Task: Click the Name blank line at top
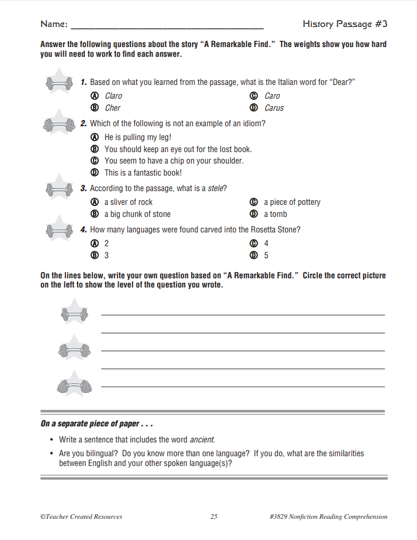pos(166,26)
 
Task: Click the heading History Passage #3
pos(345,24)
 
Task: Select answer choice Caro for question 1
pos(272,96)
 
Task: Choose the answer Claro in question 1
pos(113,96)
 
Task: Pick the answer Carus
pos(274,108)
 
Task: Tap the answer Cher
pos(112,108)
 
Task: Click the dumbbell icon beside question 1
pos(59,83)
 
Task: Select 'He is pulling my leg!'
pos(138,137)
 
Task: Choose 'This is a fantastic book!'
pos(143,173)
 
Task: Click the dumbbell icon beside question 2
pos(59,123)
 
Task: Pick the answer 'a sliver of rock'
pos(128,202)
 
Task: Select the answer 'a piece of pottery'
pos(291,202)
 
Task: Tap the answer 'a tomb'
pos(275,214)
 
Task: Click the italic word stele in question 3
pos(217,188)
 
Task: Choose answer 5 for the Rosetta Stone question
pos(266,255)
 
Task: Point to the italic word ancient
pos(202,440)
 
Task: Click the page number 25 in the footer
pos(214,516)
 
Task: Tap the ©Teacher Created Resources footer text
pos(81,516)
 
